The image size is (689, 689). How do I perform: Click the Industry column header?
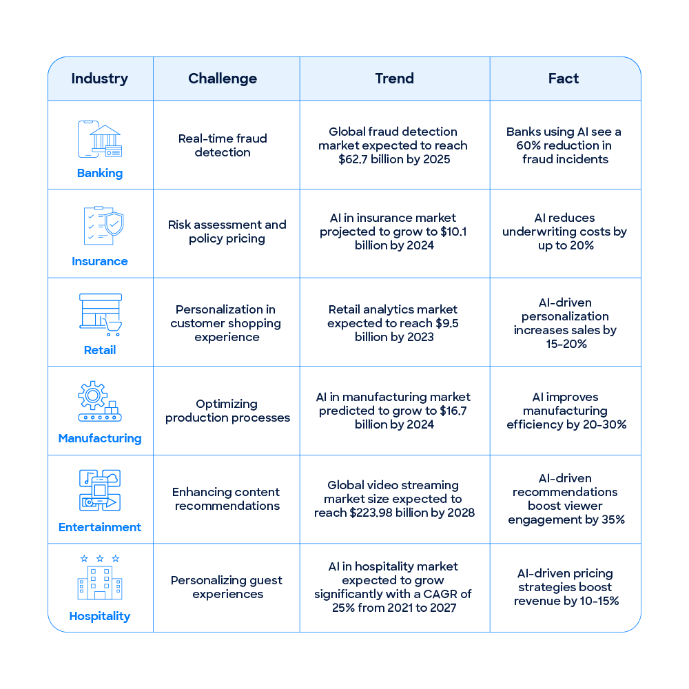point(100,79)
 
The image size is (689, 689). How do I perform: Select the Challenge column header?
point(223,79)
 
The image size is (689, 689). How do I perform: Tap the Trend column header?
point(395,79)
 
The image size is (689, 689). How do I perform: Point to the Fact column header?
point(564,79)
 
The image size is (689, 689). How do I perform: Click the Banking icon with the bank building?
point(100,139)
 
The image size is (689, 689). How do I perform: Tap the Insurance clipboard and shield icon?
point(104,226)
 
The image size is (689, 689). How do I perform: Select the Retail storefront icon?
point(101,315)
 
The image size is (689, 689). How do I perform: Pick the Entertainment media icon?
point(100,491)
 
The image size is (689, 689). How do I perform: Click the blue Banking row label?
point(100,173)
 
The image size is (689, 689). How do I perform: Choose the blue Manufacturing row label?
point(100,438)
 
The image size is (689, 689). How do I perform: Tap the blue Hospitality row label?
point(100,616)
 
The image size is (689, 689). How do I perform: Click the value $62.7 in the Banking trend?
point(353,159)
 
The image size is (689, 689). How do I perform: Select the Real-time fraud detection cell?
point(223,145)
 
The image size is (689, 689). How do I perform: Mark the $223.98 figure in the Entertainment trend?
point(371,513)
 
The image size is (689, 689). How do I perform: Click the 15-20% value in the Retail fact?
point(566,344)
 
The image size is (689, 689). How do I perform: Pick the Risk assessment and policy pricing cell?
point(227,232)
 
